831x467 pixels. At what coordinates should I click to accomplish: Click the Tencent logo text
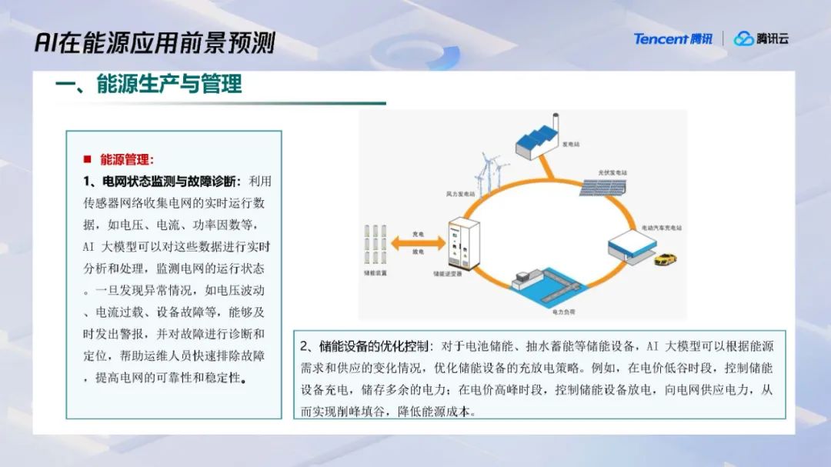(x=672, y=39)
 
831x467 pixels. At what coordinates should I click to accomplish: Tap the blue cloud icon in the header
(x=743, y=39)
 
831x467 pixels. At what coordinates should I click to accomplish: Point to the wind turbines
(x=488, y=172)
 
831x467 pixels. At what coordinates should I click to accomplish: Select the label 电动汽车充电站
(x=662, y=228)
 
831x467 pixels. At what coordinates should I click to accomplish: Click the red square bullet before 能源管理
(x=88, y=160)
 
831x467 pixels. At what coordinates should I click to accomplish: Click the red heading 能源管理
(x=127, y=160)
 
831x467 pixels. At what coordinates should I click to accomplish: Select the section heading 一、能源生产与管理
(x=149, y=84)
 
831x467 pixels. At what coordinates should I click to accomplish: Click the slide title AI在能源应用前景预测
(x=155, y=42)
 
